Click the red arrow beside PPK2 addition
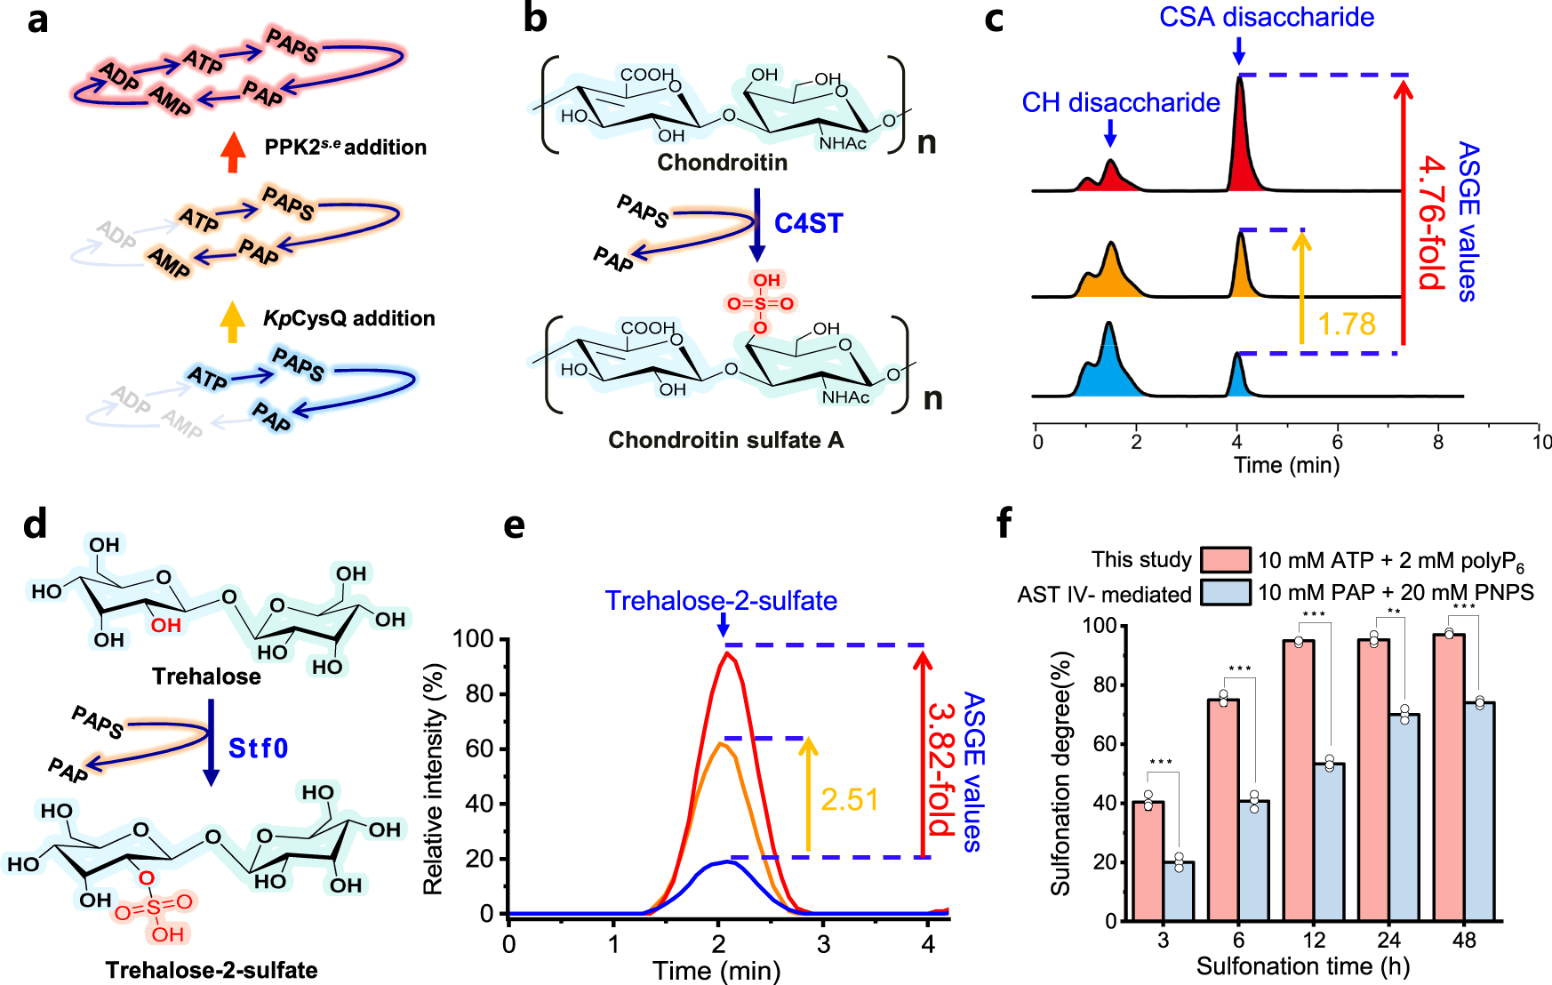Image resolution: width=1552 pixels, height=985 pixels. click(233, 152)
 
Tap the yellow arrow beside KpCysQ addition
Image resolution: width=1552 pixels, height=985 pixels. click(232, 322)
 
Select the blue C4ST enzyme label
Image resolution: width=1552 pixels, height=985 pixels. click(808, 223)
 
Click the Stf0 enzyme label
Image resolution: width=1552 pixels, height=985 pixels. click(258, 748)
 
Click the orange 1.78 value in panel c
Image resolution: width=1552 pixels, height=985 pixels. click(1346, 324)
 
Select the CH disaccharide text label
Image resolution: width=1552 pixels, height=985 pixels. click(1120, 103)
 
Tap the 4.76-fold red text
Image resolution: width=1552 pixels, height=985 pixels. click(1430, 222)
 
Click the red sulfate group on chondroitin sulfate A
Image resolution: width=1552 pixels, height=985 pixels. click(760, 303)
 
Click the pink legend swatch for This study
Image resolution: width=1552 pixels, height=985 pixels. click(1225, 560)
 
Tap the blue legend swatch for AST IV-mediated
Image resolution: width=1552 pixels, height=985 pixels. click(1225, 592)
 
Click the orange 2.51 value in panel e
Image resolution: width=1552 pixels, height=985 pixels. click(849, 800)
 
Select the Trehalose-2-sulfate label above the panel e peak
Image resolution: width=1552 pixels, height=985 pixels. click(721, 601)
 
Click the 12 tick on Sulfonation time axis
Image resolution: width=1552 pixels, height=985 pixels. click(1314, 941)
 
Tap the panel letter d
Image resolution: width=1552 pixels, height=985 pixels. click(35, 525)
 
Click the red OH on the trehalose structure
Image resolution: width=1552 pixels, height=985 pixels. click(166, 625)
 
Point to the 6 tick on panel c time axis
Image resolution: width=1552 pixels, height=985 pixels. click(1337, 442)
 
